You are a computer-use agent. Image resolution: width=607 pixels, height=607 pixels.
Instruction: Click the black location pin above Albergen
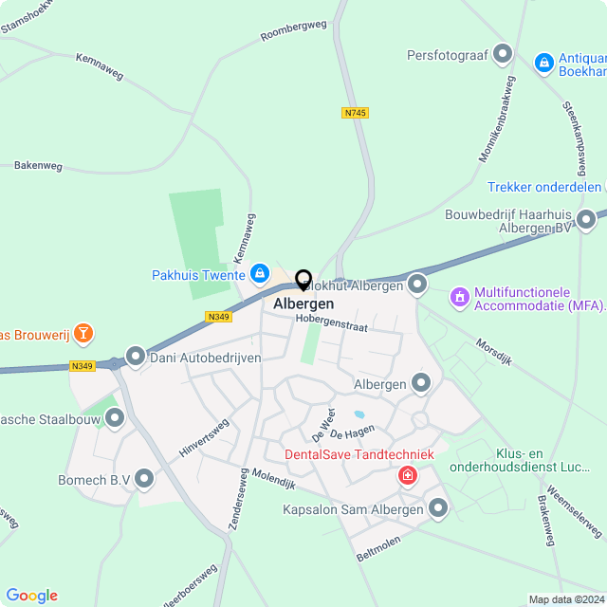point(303,280)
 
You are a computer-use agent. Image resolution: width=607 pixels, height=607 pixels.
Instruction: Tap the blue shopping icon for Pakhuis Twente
point(259,275)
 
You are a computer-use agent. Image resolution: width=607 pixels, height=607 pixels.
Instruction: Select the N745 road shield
point(355,113)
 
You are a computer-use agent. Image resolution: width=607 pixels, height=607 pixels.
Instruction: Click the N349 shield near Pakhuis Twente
point(217,317)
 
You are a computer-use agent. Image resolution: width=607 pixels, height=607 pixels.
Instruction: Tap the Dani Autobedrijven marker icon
point(136,357)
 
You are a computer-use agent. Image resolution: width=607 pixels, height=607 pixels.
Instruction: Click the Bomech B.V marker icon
point(144,480)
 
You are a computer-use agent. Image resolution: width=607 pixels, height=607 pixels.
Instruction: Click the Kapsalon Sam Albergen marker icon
point(438,509)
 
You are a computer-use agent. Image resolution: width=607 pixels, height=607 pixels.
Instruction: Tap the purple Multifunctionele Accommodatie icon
point(460,298)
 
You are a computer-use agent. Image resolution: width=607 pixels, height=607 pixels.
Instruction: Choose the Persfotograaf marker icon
point(503,55)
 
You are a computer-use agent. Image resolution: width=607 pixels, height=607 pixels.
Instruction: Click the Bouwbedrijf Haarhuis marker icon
point(586,220)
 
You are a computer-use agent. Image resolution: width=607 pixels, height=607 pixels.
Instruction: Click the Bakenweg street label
point(38,165)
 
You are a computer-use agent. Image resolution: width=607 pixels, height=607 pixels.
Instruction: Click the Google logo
point(31,595)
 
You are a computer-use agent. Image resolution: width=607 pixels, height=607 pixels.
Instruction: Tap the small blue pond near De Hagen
point(359,414)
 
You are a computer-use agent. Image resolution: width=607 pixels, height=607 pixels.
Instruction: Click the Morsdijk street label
point(493,355)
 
